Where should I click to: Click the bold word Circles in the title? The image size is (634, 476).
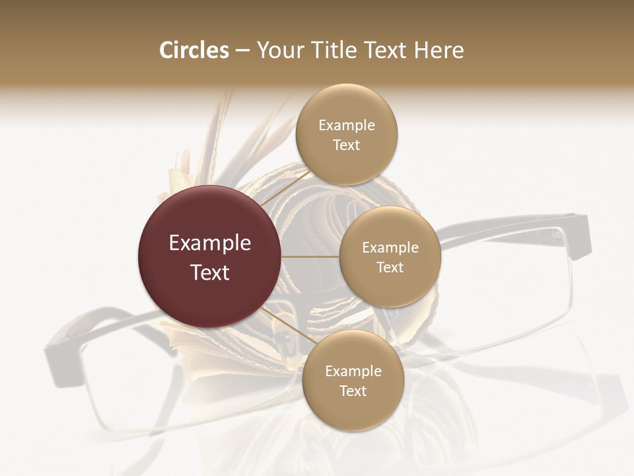194,50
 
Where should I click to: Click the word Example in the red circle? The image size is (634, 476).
210,243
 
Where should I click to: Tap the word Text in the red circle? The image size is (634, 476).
210,272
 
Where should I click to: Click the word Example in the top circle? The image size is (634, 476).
347,125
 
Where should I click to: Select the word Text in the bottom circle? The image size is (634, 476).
353,391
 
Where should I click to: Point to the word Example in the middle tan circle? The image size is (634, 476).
390,247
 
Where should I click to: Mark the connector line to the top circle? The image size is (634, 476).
284,190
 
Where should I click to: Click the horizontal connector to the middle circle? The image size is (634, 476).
310,257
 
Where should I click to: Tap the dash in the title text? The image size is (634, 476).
242,51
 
